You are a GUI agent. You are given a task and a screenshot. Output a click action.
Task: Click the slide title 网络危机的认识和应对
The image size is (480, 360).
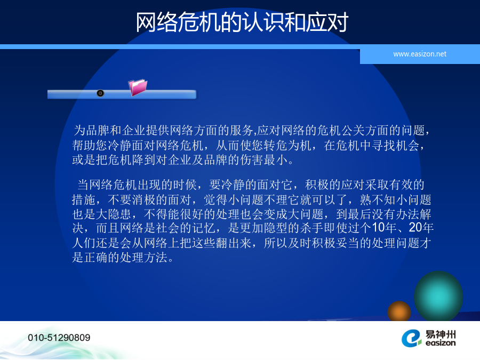tap(242, 22)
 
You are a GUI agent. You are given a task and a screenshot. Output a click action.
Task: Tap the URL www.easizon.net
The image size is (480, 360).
tap(420, 54)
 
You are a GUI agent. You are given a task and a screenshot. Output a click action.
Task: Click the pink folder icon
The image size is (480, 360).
tap(138, 87)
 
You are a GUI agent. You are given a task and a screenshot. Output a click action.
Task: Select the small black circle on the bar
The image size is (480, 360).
tap(100, 93)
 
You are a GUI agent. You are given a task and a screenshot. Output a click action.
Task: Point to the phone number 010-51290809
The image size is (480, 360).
tap(59, 338)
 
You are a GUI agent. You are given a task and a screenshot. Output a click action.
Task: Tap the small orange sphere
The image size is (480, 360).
tap(399, 311)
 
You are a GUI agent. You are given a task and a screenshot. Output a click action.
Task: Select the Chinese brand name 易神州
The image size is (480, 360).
tap(441, 334)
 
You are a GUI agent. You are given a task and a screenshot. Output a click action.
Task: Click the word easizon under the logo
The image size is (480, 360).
tap(441, 343)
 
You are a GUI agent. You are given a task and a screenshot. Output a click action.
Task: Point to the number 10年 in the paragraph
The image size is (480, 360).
tap(384, 227)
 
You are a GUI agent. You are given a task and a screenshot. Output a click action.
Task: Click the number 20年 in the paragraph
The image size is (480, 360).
tap(421, 227)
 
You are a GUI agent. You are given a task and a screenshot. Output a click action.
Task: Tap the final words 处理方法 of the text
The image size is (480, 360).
tap(144, 258)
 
